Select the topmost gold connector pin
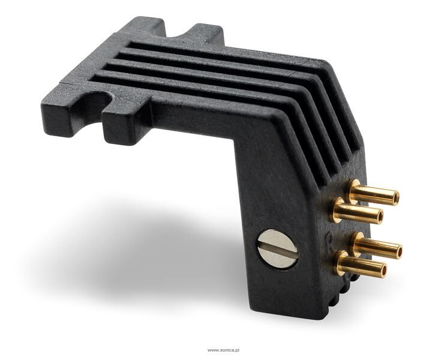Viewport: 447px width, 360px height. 373,193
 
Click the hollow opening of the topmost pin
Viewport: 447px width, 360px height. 394,197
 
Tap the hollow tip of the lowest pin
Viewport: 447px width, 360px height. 382,269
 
